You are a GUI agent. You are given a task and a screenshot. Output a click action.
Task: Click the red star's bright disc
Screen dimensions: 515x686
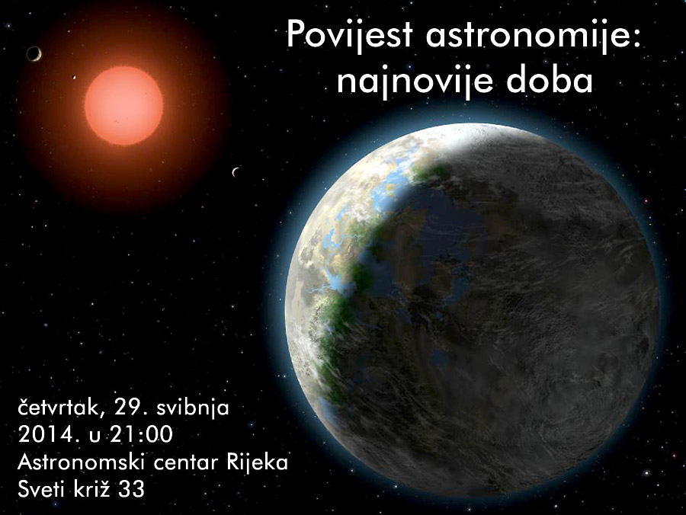pos(123,105)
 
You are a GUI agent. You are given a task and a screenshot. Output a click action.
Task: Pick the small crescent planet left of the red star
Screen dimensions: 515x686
pos(34,53)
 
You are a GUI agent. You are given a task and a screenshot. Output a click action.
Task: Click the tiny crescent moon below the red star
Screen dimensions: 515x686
pos(236,172)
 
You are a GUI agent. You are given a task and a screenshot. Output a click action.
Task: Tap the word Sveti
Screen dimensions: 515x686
pos(43,489)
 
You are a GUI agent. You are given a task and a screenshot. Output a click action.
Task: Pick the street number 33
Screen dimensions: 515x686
pos(133,489)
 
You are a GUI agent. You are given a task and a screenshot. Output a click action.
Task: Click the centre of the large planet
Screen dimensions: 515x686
pos(473,309)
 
